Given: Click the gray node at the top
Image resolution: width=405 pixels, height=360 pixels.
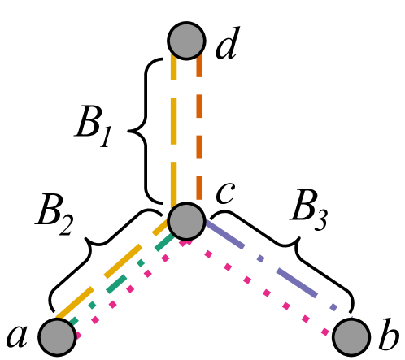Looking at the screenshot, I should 186,41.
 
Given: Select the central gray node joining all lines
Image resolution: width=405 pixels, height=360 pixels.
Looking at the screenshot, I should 186,221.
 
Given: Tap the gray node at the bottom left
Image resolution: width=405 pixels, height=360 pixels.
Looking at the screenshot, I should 57,336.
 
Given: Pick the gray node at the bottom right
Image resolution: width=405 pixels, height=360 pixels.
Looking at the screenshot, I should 351,336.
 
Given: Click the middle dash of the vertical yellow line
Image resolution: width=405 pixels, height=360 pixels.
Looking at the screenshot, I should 173,121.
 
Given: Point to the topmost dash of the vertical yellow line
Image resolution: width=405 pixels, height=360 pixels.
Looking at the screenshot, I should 173,67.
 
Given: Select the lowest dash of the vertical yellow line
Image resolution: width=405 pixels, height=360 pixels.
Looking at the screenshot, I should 173,184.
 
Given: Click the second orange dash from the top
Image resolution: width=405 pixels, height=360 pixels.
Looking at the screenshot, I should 199,106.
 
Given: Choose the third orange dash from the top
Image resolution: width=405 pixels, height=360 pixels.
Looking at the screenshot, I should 199,147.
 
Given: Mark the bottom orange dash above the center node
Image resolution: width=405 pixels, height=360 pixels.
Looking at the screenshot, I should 199,188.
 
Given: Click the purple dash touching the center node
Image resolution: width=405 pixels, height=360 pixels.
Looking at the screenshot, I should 224,234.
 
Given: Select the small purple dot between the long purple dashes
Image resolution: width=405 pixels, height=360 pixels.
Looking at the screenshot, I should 260,258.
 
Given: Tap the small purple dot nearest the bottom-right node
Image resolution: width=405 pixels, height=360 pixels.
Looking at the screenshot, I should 333,307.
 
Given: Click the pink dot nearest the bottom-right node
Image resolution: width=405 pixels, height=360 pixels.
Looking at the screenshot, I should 325,332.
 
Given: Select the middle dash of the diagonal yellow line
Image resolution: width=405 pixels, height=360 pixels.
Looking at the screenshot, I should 123,262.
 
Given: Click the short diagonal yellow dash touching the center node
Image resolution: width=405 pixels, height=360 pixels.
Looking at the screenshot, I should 159,229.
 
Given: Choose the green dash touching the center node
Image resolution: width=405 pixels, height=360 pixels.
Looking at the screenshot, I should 165,242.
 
